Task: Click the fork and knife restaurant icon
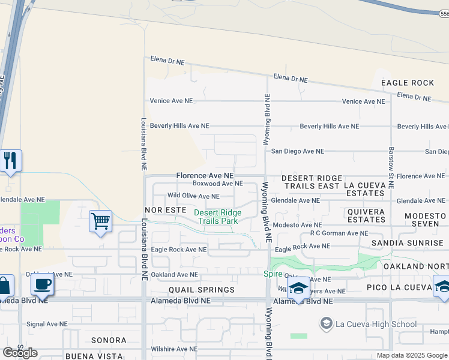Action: click(x=10, y=160)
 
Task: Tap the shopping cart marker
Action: click(x=100, y=221)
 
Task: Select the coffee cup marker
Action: click(x=41, y=284)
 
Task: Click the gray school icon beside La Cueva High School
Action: click(x=326, y=325)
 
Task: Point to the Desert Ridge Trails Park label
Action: click(x=217, y=217)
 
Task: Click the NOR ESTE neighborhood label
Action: click(x=166, y=211)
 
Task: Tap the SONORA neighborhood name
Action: click(x=109, y=340)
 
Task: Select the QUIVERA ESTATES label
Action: click(x=366, y=215)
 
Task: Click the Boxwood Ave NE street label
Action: click(x=217, y=184)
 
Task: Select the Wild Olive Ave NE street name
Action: click(x=193, y=196)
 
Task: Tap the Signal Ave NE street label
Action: click(x=47, y=324)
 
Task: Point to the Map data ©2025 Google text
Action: click(x=412, y=355)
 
